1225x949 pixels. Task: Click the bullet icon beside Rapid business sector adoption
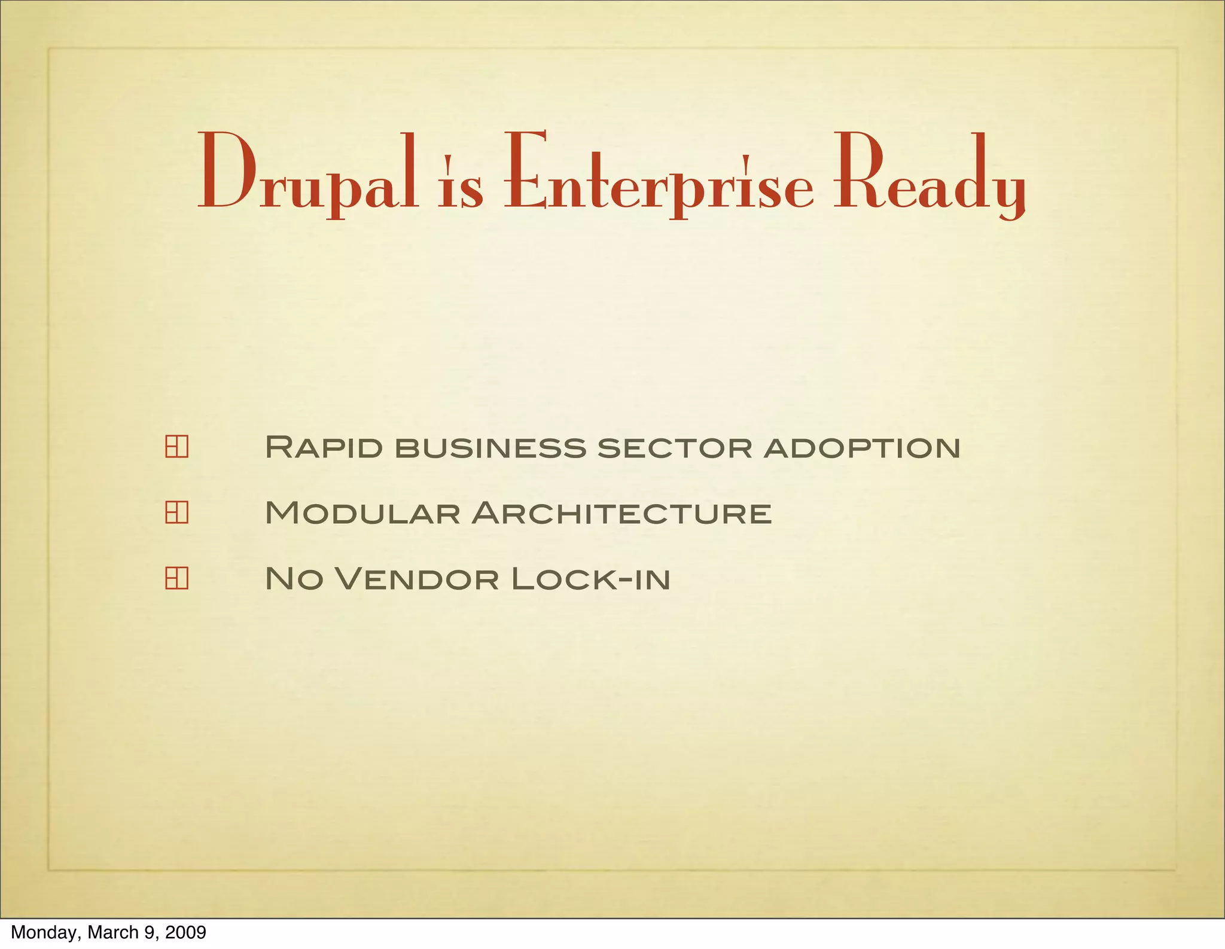[176, 447]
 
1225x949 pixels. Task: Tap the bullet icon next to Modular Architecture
[176, 512]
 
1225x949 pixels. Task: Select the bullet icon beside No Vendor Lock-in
[176, 578]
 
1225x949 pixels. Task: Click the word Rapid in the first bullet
[324, 447]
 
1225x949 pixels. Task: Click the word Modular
[362, 513]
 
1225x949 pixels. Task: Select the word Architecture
[621, 513]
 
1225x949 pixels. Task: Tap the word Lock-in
[591, 579]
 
